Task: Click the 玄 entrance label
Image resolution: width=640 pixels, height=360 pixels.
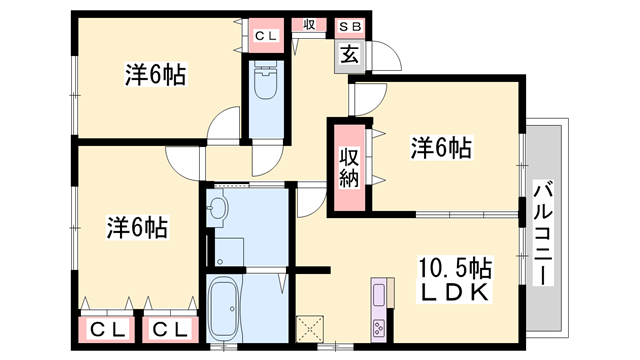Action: click(x=350, y=56)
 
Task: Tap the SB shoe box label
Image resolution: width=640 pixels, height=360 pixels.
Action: click(x=350, y=27)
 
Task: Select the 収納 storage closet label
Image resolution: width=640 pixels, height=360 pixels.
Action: click(x=349, y=168)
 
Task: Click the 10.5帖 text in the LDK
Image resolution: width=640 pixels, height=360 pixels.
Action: click(x=454, y=269)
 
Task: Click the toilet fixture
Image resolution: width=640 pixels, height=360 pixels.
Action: click(x=266, y=81)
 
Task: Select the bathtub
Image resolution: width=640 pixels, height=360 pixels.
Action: click(x=224, y=307)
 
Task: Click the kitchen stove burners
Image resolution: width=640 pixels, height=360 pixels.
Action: click(x=378, y=327)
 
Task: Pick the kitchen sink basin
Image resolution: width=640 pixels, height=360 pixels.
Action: click(x=378, y=293)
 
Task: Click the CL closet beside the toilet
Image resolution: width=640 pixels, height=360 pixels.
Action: click(x=266, y=36)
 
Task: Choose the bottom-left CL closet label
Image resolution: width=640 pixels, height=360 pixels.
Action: click(x=107, y=329)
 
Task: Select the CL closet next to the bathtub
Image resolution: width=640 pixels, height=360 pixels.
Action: click(x=170, y=329)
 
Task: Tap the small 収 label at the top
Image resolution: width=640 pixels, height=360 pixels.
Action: click(x=309, y=24)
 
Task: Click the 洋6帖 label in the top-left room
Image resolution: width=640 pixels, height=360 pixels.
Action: click(x=156, y=75)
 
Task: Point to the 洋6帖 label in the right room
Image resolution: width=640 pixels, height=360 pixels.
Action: click(x=441, y=148)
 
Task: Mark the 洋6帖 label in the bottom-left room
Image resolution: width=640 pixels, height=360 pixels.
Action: click(x=137, y=228)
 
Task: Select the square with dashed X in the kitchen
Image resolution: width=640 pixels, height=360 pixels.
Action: click(x=310, y=329)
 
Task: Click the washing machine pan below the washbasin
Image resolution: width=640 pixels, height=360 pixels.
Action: click(x=229, y=252)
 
